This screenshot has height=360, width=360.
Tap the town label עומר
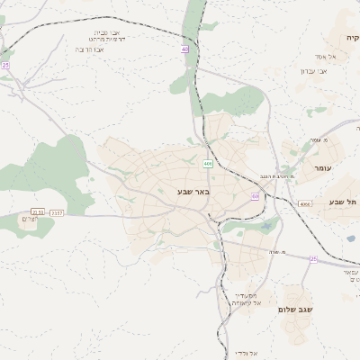321,168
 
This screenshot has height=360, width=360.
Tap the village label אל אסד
326,56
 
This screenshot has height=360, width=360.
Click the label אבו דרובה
91,49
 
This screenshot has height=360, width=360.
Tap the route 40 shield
184,49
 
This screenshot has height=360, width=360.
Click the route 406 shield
208,164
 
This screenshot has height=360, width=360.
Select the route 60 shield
256,196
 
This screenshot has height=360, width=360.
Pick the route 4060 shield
305,204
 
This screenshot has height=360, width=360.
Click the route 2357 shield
58,212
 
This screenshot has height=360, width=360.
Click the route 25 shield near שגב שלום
313,259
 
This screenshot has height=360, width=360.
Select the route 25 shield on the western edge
5,65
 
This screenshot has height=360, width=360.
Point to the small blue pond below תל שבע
349,238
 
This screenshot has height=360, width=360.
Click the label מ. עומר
319,139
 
